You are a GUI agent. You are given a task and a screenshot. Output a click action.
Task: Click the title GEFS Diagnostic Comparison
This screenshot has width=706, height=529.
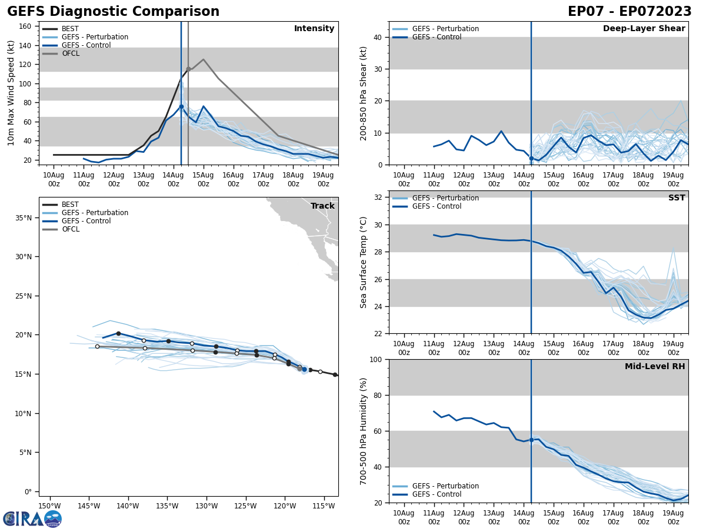coord(113,12)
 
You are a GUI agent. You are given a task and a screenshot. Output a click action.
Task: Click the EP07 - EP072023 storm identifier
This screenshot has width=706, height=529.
coord(630,12)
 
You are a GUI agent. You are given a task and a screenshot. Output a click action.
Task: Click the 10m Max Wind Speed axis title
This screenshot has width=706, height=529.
coord(11,93)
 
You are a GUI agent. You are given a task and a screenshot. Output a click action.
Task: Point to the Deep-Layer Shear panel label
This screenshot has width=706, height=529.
coord(644,29)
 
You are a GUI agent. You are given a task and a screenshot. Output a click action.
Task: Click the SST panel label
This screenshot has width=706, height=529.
coord(677,198)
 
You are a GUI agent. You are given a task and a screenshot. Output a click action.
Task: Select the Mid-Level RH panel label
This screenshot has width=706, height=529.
coord(655,367)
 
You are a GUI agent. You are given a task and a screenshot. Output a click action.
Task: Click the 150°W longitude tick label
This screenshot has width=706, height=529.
coord(49,507)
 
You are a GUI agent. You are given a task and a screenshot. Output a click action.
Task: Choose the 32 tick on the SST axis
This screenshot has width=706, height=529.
coord(379,197)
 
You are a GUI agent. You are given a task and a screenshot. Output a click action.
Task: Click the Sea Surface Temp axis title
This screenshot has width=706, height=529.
coord(364,262)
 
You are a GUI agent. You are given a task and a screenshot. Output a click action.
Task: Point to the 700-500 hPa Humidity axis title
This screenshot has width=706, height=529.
coord(364,431)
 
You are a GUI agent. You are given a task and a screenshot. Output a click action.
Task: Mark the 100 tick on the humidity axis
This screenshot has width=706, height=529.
coord(377,359)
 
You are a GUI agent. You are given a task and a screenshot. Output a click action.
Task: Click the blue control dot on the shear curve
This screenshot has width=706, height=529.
coord(531,158)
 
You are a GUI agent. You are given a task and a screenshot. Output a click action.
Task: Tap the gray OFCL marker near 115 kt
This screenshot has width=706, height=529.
coord(188,69)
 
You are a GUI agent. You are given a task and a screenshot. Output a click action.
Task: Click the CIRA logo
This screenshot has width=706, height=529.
coord(32,519)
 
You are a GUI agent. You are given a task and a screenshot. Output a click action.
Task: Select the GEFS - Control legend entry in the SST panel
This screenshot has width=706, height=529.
coord(437,206)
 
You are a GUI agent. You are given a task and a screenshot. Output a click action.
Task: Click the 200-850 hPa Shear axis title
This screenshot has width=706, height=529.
coord(364,93)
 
